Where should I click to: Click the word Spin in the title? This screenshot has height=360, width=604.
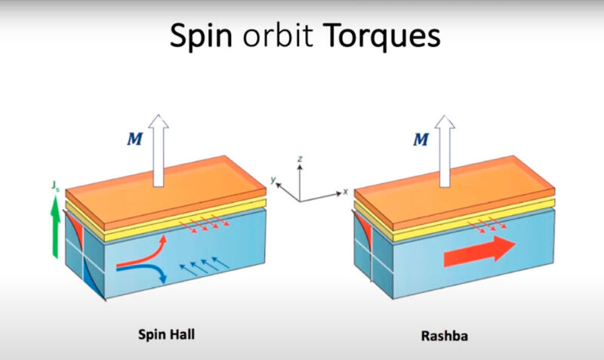pyautogui.click(x=201, y=35)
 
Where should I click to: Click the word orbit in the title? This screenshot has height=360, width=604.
pyautogui.click(x=278, y=35)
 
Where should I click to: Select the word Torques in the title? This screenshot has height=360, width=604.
pyautogui.click(x=382, y=35)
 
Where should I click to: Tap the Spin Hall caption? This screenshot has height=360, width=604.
pyautogui.click(x=166, y=334)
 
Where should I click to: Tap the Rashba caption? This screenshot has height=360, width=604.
pyautogui.click(x=445, y=336)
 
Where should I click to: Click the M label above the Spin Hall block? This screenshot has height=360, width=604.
pyautogui.click(x=135, y=139)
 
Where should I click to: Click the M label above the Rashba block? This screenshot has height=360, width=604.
pyautogui.click(x=421, y=139)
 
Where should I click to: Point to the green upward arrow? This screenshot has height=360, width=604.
pyautogui.click(x=56, y=227)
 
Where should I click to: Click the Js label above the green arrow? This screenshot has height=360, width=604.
pyautogui.click(x=55, y=186)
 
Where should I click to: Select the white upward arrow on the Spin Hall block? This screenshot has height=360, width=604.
pyautogui.click(x=159, y=150)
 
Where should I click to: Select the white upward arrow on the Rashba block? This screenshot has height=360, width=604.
pyautogui.click(x=445, y=151)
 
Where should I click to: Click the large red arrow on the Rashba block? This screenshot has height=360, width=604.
pyautogui.click(x=479, y=252)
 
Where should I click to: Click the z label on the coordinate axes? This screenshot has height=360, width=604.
pyautogui.click(x=300, y=158)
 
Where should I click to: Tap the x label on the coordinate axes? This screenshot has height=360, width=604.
pyautogui.click(x=345, y=192)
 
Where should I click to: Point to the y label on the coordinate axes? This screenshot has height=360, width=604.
pyautogui.click(x=273, y=180)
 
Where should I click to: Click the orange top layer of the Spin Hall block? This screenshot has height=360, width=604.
pyautogui.click(x=165, y=192)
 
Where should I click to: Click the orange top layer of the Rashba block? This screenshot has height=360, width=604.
pyautogui.click(x=455, y=192)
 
